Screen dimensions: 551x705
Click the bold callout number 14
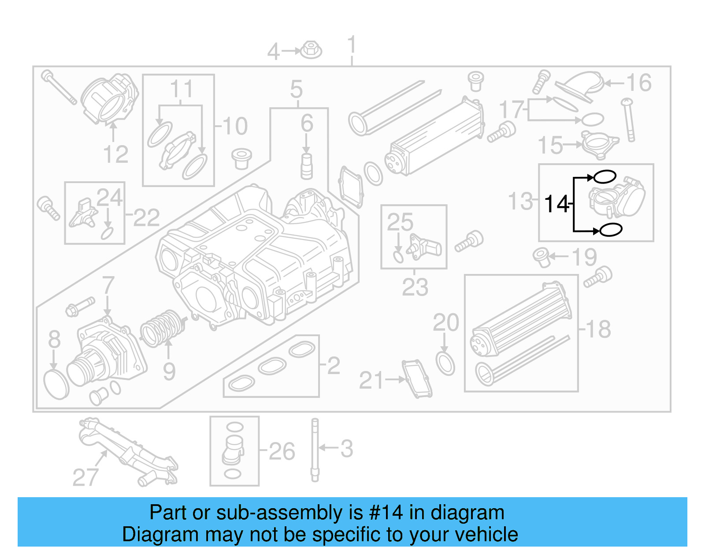[x=557, y=204]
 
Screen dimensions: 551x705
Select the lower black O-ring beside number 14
[x=610, y=230]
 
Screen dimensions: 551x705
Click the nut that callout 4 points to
[x=312, y=50]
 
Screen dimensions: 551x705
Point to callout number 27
[x=85, y=477]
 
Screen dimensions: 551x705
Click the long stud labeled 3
[x=315, y=450]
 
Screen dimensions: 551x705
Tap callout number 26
[x=282, y=451]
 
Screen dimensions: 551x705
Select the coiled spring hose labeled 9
[x=162, y=329]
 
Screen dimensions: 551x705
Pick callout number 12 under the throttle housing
[x=115, y=154]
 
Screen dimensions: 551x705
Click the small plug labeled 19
[x=542, y=257]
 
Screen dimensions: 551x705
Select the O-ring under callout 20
[x=445, y=363]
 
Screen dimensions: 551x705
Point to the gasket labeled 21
[x=416, y=379]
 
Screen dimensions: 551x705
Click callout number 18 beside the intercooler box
[x=598, y=329]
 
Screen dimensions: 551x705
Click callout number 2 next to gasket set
[x=334, y=366]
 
